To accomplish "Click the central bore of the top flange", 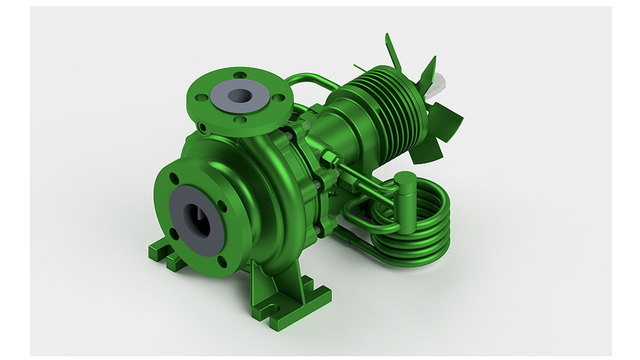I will [240, 95].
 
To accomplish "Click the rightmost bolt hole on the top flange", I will [281, 97].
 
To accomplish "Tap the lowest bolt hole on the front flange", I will [222, 260].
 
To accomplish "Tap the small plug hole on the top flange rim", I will [203, 127].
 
